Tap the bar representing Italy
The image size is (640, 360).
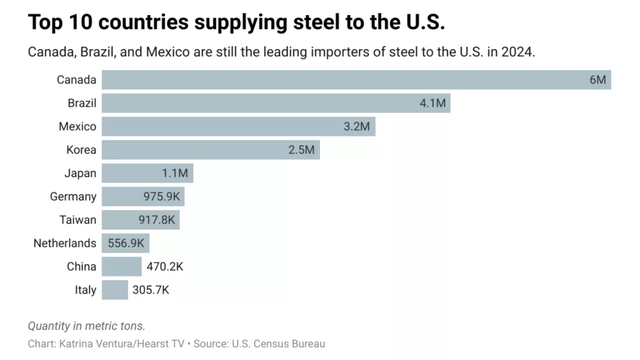(115, 290)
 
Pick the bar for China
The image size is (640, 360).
(122, 267)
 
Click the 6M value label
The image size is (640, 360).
(597, 80)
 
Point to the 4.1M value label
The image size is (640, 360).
(432, 103)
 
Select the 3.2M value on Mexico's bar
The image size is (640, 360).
(357, 127)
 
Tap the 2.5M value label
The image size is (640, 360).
(301, 150)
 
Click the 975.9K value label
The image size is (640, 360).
(161, 197)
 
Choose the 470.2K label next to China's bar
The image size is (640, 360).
(165, 267)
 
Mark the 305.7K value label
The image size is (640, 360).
(151, 290)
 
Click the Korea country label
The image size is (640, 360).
(81, 150)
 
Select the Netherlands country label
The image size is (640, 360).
(65, 243)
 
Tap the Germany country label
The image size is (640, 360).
(73, 197)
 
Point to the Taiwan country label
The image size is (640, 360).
(77, 220)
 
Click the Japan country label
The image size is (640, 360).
(81, 173)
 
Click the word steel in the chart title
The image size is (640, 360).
(316, 22)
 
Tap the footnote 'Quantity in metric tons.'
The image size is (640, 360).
(86, 326)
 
